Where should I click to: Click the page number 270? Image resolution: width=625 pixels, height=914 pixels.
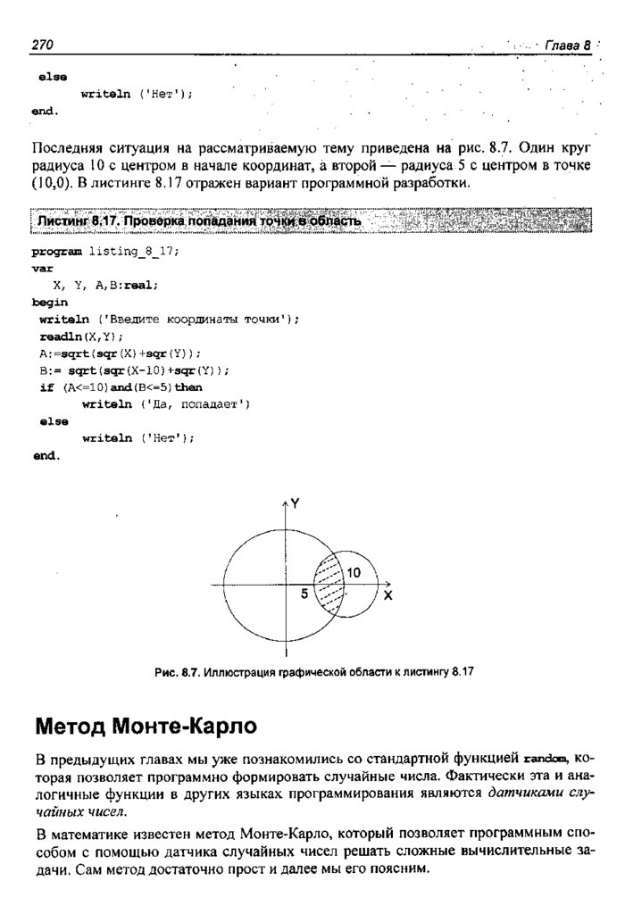click(44, 45)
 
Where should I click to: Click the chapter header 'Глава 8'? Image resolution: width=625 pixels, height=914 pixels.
click(568, 46)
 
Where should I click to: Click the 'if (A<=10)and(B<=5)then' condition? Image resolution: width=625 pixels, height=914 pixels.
click(121, 387)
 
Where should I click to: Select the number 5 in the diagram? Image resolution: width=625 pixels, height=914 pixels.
click(304, 594)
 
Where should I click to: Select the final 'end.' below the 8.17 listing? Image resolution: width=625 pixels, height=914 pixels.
click(46, 455)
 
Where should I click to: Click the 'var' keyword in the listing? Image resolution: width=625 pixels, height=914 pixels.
click(41, 269)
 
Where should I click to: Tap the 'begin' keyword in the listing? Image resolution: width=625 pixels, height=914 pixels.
click(49, 303)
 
